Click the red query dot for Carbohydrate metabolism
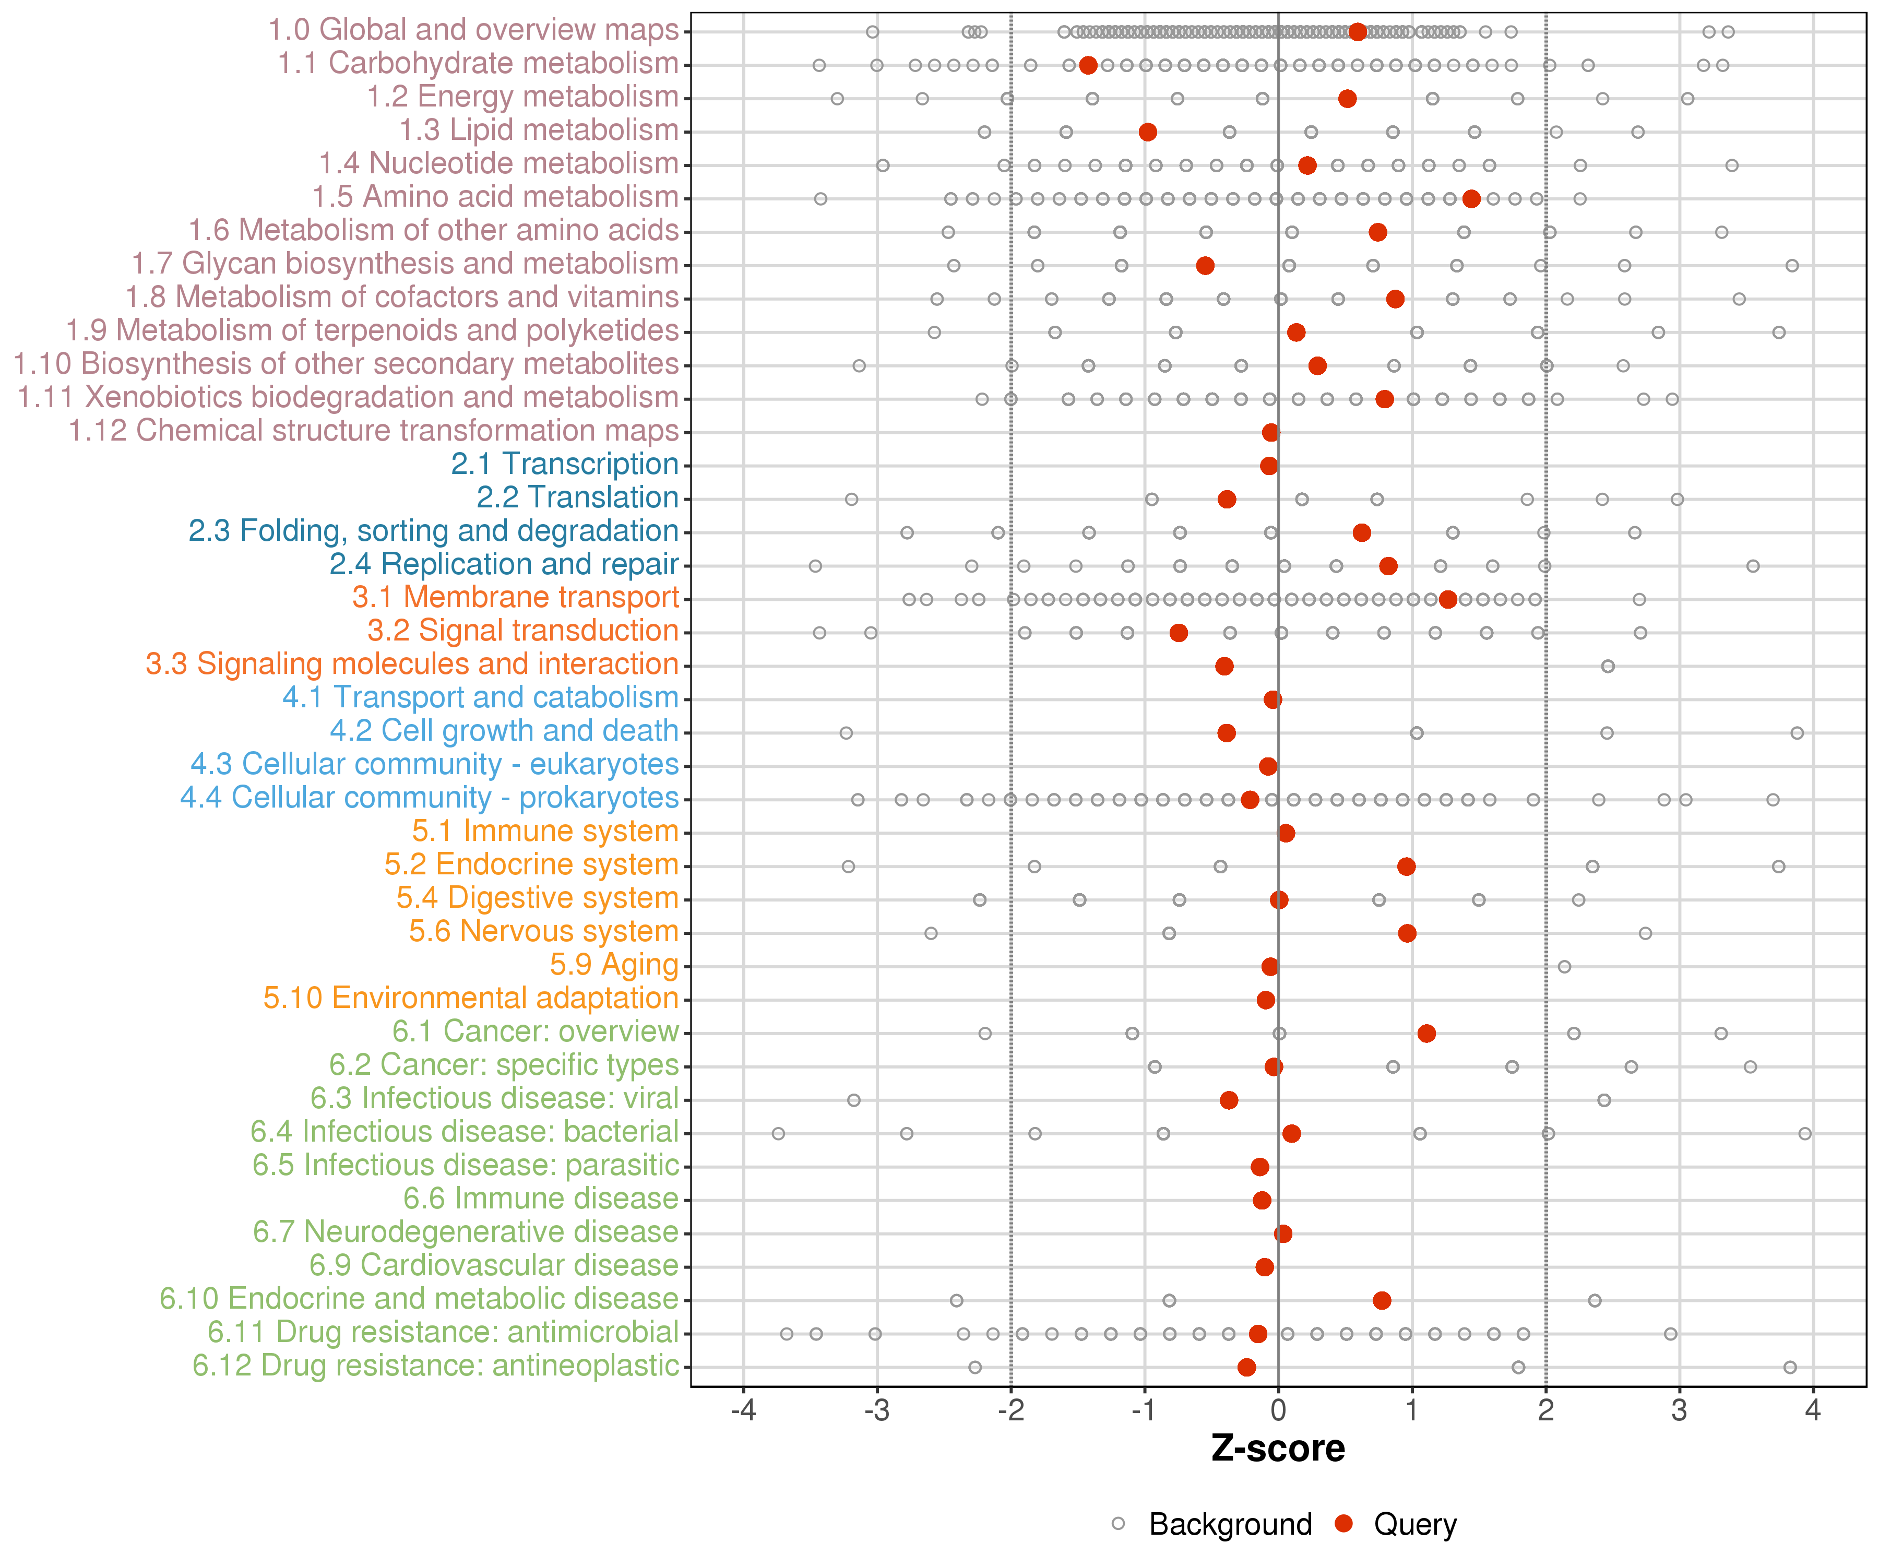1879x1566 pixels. pos(1088,65)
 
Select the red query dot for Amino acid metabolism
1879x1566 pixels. pos(1471,199)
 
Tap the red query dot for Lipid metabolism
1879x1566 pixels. pos(1148,133)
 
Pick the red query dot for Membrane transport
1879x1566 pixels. pos(1448,600)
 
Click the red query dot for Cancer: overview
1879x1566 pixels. pos(1426,1034)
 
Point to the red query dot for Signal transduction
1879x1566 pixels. pos(1179,633)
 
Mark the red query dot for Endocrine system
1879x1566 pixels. pos(1407,866)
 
